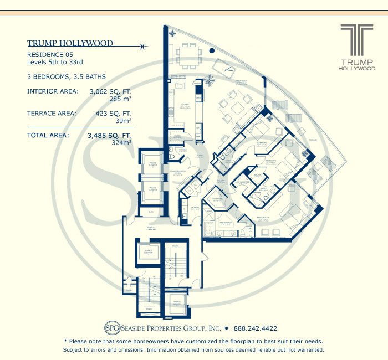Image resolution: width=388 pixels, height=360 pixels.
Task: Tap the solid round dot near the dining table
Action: coord(212,51)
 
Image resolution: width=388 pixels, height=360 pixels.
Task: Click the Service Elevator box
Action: coord(149,253)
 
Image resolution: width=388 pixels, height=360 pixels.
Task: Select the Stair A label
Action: coord(175,245)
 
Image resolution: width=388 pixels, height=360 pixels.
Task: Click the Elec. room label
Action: coord(150,211)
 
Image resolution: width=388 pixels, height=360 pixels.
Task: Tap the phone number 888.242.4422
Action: coord(256,327)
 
